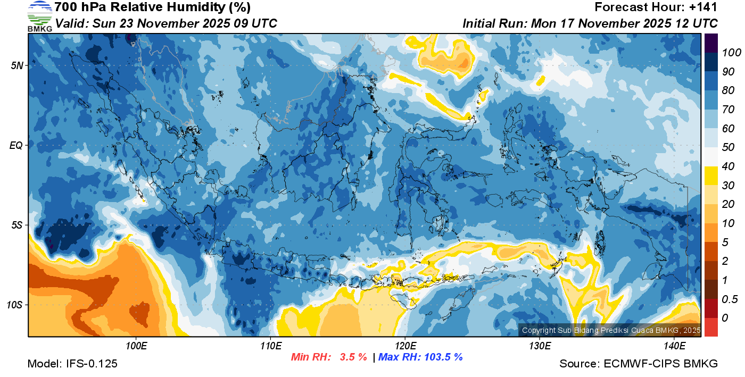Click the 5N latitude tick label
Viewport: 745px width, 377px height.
pyautogui.click(x=16, y=66)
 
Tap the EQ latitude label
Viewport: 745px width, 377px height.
pyautogui.click(x=16, y=145)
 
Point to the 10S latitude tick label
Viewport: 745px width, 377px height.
pyautogui.click(x=15, y=305)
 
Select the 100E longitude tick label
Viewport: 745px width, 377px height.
pyautogui.click(x=136, y=346)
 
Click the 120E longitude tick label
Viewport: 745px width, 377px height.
pyautogui.click(x=405, y=346)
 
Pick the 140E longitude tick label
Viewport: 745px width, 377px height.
pyautogui.click(x=674, y=346)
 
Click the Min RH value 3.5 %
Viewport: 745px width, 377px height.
pyautogui.click(x=353, y=357)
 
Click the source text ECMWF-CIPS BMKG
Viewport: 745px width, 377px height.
pyautogui.click(x=660, y=364)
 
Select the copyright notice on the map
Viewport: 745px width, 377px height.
pyautogui.click(x=611, y=330)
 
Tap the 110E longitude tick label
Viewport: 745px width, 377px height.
pyautogui.click(x=270, y=346)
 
